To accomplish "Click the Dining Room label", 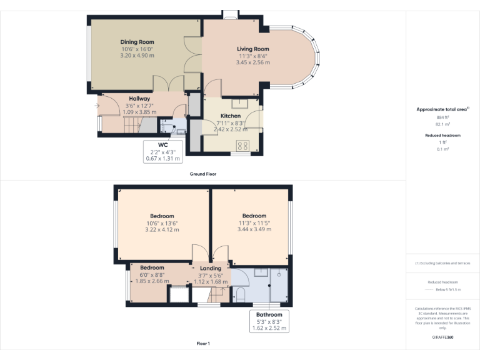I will pos(137,42).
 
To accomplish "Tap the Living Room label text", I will pos(252,49).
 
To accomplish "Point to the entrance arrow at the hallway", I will pos(97,106).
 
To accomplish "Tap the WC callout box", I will pos(162,151).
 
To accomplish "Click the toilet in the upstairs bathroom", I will pos(240,294).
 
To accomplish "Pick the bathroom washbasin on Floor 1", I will pos(261,273).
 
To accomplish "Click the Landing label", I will pos(211,268).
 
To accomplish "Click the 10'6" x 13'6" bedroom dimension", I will pos(162,223).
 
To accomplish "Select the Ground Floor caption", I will pos(203,174).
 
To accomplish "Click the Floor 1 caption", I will pos(203,344).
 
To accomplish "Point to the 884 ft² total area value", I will pos(442,117).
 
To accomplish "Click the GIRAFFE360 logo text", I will pos(442,337).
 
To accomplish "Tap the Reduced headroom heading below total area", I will pos(442,135).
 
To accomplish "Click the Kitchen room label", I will pos(229,116).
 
